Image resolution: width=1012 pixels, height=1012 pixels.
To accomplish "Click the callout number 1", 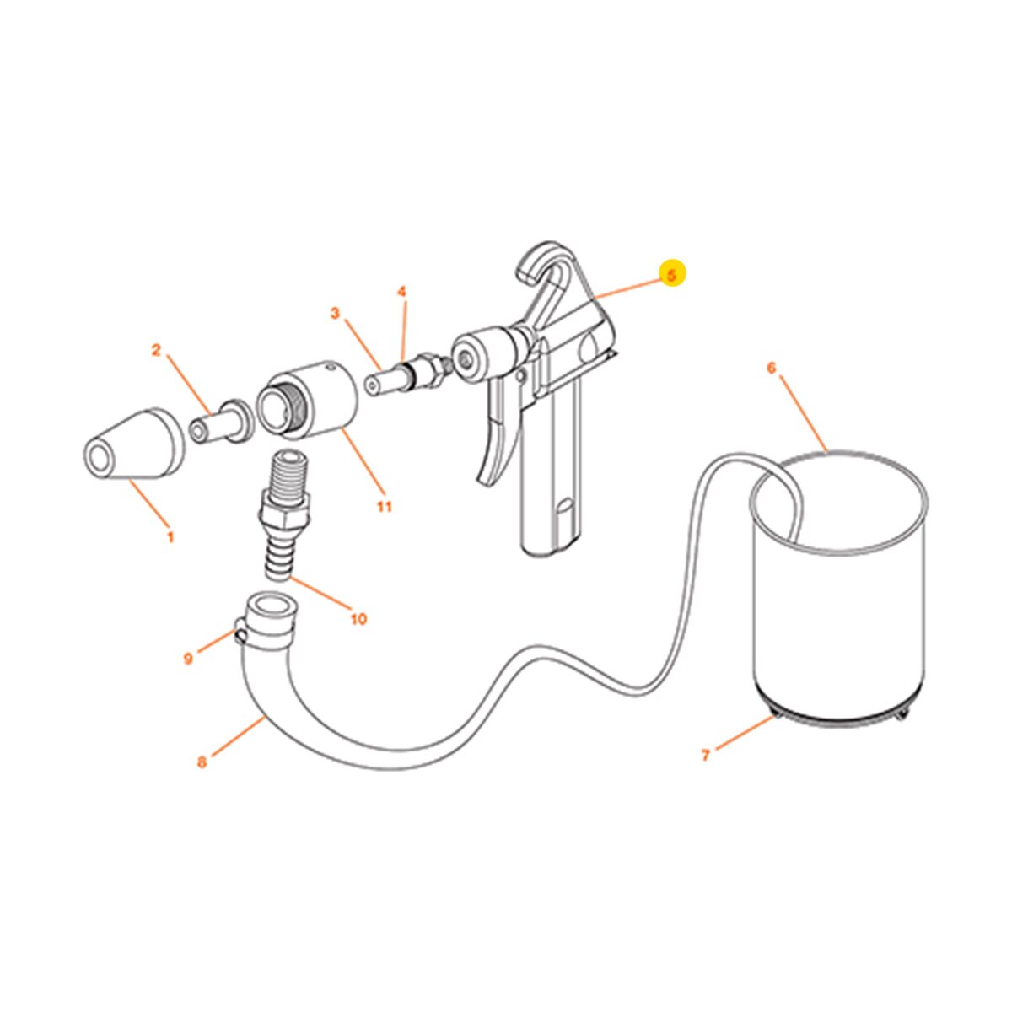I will click(x=170, y=536).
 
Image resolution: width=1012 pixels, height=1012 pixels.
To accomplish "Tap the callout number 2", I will click(x=156, y=350).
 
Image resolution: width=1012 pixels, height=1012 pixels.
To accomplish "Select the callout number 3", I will click(x=335, y=314).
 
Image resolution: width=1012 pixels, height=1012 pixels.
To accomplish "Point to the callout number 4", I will click(x=402, y=291).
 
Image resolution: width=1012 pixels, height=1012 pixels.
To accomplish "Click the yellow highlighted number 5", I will click(x=672, y=275).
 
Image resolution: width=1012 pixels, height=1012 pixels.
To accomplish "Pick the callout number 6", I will click(x=771, y=367).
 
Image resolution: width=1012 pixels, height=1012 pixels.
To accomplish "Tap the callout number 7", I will click(x=706, y=755).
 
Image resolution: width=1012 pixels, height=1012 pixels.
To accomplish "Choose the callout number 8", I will click(x=202, y=762).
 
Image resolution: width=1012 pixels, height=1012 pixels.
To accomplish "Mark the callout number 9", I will click(x=188, y=658).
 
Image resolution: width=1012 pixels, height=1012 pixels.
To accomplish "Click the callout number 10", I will click(x=358, y=619).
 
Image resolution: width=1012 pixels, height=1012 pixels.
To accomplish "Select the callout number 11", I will click(x=385, y=506).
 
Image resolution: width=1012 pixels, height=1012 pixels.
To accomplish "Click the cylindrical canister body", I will click(x=839, y=607).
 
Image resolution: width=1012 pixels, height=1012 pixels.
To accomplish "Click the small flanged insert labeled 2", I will click(x=218, y=421).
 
